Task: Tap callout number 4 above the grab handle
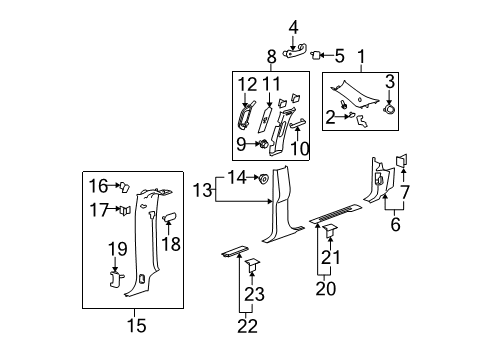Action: tap(293, 27)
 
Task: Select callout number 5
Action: tap(338, 55)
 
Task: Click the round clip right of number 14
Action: tap(262, 179)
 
